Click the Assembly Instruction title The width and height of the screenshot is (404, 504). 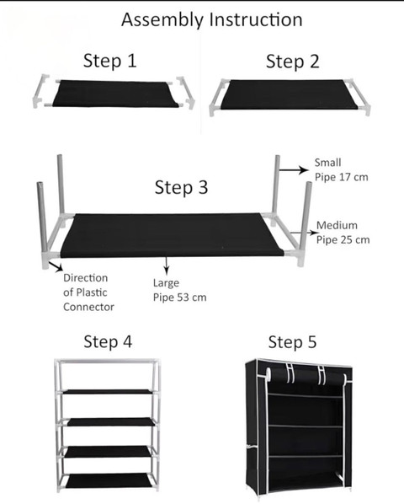click(212, 20)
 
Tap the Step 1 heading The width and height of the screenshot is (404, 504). click(110, 61)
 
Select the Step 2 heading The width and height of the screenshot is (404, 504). click(293, 62)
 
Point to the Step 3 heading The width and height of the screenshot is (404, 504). click(181, 187)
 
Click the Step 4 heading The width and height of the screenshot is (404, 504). click(108, 341)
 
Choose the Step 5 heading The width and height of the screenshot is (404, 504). click(292, 341)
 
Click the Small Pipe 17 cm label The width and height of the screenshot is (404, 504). click(341, 169)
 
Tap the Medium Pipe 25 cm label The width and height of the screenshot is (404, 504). click(343, 233)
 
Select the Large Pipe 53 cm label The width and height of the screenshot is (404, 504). click(180, 290)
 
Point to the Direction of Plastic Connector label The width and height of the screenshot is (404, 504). click(88, 292)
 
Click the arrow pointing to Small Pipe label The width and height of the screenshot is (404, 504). click(294, 169)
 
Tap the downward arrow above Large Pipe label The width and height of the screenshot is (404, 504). click(166, 265)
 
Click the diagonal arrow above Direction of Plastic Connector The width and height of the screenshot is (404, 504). click(56, 266)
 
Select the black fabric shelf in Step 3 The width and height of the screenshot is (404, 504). click(172, 235)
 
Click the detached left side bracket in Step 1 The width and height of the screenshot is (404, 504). click(41, 91)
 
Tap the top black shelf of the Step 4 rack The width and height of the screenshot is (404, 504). click(108, 392)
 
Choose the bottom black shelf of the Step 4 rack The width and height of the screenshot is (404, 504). click(108, 480)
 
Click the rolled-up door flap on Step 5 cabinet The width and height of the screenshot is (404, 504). click(306, 375)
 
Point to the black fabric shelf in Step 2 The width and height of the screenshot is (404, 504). click(289, 94)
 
